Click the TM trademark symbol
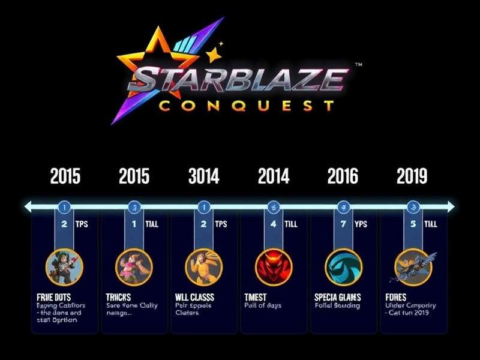coord(358,64)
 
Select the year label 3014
coord(203,176)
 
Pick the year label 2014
coord(274,176)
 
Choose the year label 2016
coord(343,176)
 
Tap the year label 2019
coord(412,176)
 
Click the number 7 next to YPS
coord(343,224)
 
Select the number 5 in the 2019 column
coord(412,224)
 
